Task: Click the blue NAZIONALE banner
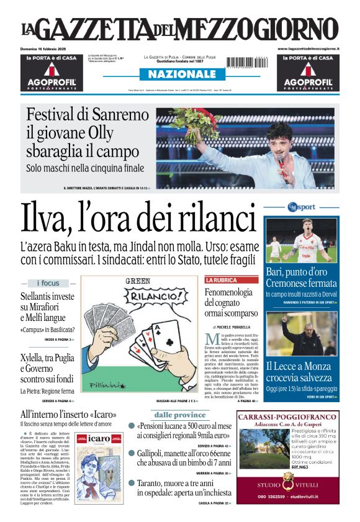178,74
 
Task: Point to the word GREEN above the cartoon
138,282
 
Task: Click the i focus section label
48,283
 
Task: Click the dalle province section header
180,415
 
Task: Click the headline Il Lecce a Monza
299,366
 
